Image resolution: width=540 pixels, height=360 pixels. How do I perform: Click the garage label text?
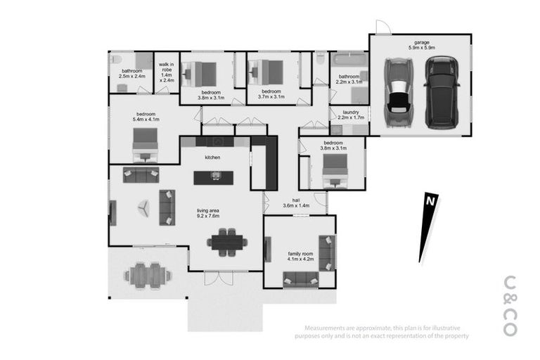(x=421, y=42)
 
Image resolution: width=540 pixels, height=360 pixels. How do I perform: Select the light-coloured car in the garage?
(x=398, y=89)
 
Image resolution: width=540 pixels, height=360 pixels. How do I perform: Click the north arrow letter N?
(x=429, y=201)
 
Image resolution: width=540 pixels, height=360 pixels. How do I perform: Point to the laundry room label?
(x=352, y=112)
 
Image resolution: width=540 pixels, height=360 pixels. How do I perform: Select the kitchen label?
(x=213, y=157)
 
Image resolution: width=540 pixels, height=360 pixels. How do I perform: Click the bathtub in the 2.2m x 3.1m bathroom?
(x=347, y=59)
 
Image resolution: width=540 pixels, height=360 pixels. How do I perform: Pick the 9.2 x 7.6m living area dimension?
(x=207, y=216)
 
